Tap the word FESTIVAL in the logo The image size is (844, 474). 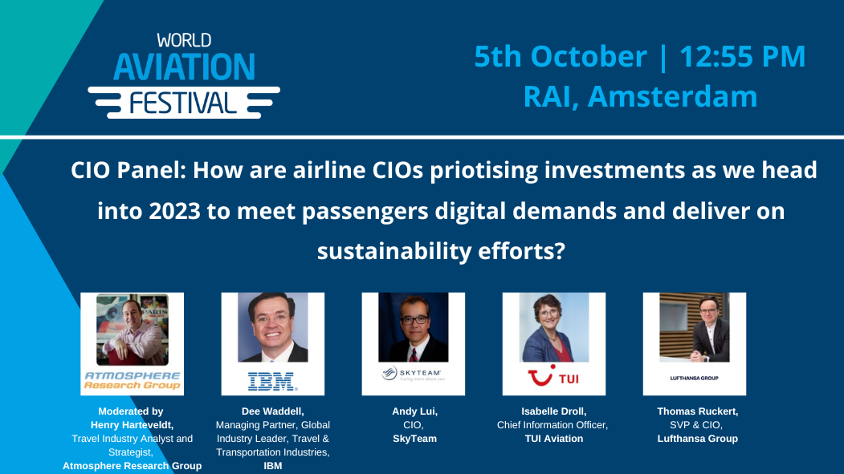184,102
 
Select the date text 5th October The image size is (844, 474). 560,57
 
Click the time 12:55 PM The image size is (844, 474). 742,57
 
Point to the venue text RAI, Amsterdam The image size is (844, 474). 640,96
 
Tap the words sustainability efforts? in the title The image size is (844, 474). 442,250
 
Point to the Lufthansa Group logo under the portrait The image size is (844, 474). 694,375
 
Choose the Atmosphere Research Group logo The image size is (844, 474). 133,380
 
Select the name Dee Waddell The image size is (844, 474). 272,411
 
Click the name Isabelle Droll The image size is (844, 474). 553,411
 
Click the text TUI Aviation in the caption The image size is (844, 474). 553,438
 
